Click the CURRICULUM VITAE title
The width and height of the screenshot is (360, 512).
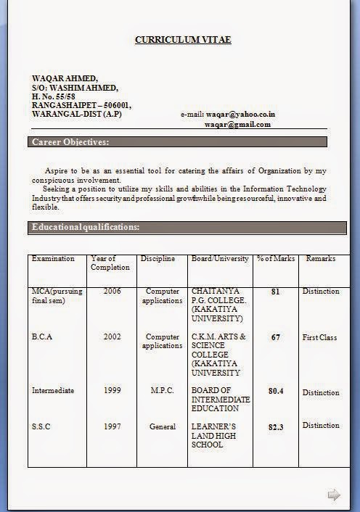pos(183,40)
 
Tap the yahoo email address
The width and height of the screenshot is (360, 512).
pos(240,115)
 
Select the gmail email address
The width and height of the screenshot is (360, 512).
pos(237,124)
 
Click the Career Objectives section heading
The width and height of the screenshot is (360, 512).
pos(70,141)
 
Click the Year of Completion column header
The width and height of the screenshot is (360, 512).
pos(110,263)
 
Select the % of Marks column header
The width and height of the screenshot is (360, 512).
pos(276,258)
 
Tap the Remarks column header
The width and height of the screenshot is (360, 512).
pos(321,258)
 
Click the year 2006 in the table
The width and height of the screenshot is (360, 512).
pos(112,292)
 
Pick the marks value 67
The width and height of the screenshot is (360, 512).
pos(276,337)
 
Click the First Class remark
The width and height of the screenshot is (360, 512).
pos(320,337)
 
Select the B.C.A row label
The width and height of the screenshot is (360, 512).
pos(42,337)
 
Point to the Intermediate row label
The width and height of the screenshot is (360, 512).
pos(53,390)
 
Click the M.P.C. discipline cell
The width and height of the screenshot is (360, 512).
pos(163,390)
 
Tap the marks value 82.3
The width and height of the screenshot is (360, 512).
pos(276,427)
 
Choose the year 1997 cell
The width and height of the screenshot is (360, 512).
pos(112,426)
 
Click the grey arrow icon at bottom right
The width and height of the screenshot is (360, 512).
pos(334,495)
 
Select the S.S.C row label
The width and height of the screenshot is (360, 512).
pos(41,426)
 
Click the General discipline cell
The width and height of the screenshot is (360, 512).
pos(163,426)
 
